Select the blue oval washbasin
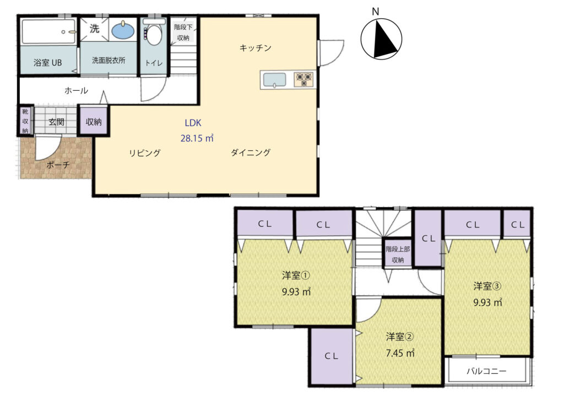pyautogui.click(x=123, y=30)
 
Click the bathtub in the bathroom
pyautogui.click(x=48, y=31)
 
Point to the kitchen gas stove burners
pyautogui.click(x=304, y=79)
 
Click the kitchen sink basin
pyautogui.click(x=275, y=79)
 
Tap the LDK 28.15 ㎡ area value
pyautogui.click(x=197, y=138)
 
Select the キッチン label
pyautogui.click(x=256, y=48)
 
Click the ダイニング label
pyautogui.click(x=251, y=152)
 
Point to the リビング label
pyautogui.click(x=145, y=153)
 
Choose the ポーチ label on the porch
pyautogui.click(x=58, y=165)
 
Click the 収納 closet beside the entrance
pyautogui.click(x=94, y=121)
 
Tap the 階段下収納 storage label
pyautogui.click(x=183, y=32)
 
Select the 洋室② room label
pyautogui.click(x=400, y=337)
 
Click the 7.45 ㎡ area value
pyautogui.click(x=400, y=353)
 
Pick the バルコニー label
pyautogui.click(x=487, y=370)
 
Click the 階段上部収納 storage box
pyautogui.click(x=398, y=253)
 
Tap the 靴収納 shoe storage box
pyautogui.click(x=25, y=121)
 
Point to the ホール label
pyautogui.click(x=76, y=91)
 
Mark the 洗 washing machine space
pyautogui.click(x=94, y=29)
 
